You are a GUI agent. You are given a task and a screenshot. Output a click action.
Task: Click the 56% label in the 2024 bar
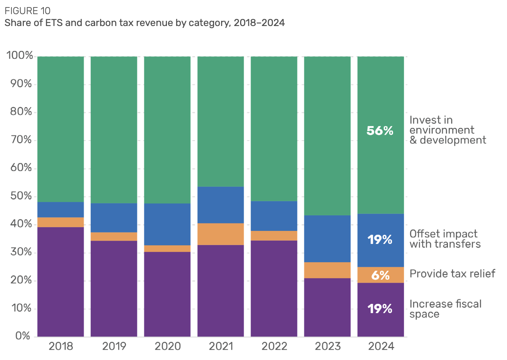(380, 131)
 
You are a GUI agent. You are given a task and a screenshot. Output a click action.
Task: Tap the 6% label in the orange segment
(380, 275)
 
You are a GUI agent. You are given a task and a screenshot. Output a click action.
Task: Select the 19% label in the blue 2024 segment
(380, 240)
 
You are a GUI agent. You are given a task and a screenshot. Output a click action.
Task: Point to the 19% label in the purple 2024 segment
(380, 309)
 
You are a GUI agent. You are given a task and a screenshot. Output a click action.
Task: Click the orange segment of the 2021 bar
(220, 234)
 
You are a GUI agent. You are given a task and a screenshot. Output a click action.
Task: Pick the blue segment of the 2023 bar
(327, 239)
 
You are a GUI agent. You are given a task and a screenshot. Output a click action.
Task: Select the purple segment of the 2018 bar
(61, 282)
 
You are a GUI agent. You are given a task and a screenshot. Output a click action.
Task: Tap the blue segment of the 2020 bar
(167, 224)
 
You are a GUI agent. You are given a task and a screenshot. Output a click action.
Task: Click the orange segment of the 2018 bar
(61, 222)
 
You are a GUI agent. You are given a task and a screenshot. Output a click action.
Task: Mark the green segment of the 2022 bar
(274, 129)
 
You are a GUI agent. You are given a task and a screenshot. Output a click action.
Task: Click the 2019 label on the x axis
(114, 346)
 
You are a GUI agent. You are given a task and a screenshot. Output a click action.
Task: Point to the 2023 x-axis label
(327, 346)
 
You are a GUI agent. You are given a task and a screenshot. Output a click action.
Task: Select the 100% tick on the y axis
(20, 55)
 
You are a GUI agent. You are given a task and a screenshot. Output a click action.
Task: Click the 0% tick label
(23, 336)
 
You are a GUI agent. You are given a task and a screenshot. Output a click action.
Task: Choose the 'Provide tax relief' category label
(452, 274)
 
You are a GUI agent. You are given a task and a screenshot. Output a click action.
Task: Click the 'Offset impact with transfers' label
(445, 239)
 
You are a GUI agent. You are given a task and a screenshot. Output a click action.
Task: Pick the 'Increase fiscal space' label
(445, 309)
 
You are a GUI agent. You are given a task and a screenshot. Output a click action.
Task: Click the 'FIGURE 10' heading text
(28, 11)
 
